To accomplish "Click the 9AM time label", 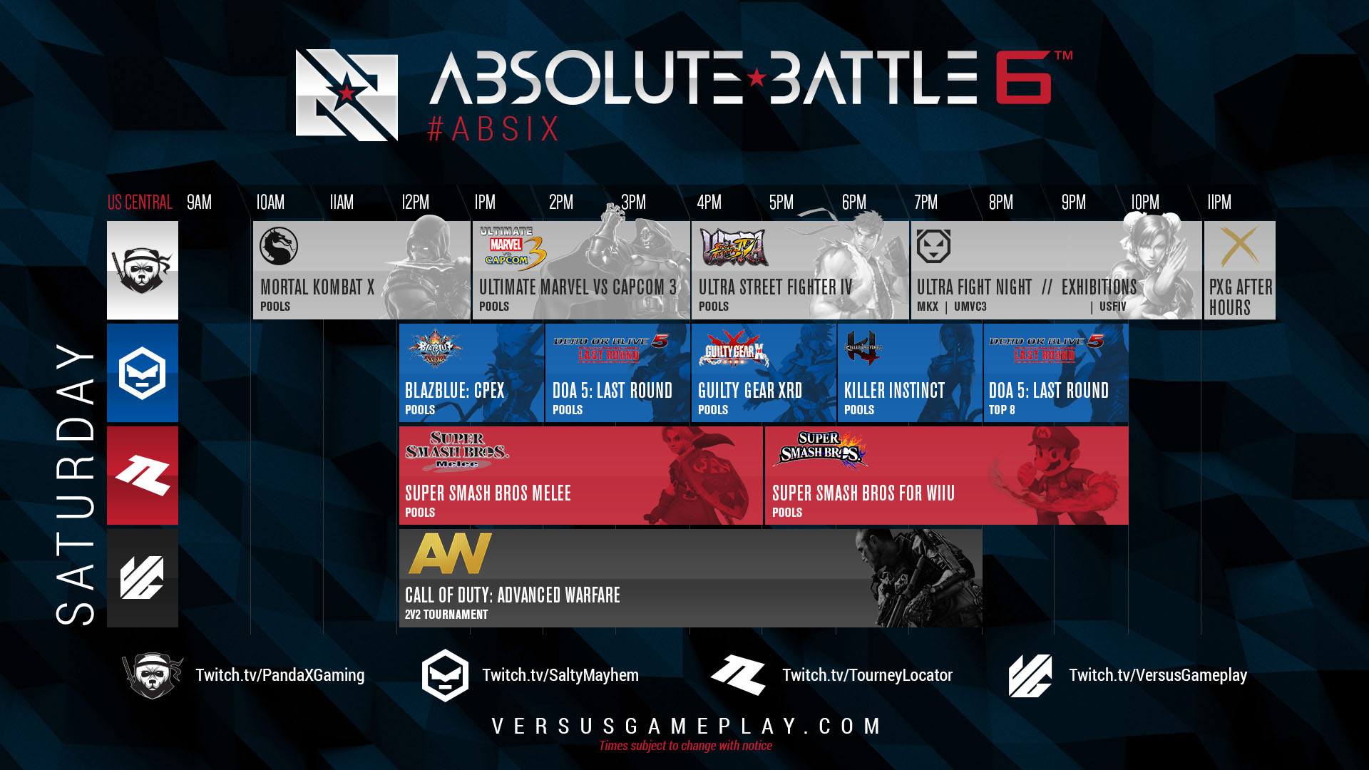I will point(199,202).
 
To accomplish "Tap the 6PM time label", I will point(853,202).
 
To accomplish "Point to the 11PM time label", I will point(1219,202).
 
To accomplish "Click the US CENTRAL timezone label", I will point(140,202).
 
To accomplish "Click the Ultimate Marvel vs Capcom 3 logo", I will point(511,249).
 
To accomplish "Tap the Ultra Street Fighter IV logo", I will point(734,247).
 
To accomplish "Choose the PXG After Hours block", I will point(1239,270).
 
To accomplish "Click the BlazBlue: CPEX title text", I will point(454,391).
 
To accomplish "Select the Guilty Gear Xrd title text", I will point(749,391).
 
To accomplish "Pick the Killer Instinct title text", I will point(894,391).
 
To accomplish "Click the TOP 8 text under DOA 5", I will point(1001,410).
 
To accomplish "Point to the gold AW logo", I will point(450,553).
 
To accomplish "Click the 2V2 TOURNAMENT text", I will point(446,615).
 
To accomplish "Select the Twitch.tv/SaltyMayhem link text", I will point(560,675).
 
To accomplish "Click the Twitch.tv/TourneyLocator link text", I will point(867,675).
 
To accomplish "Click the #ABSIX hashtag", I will point(493,130).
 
